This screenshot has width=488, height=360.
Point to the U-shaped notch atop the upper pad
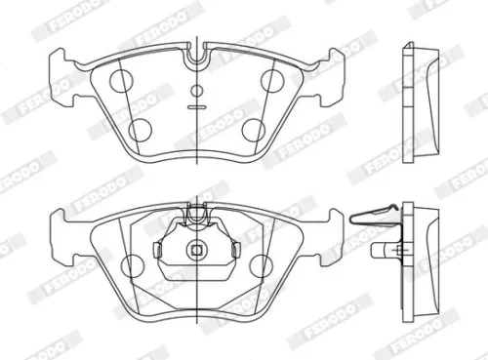point(197,57)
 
